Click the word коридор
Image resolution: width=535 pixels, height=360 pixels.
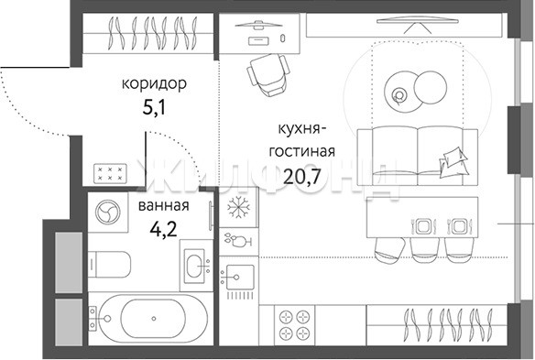154,84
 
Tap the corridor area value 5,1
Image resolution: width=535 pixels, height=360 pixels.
155,108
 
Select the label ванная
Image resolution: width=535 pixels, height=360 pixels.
163,206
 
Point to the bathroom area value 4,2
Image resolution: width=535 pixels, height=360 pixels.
163,230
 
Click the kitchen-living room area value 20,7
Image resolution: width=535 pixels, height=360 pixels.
302,177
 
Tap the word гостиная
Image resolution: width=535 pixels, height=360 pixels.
302,151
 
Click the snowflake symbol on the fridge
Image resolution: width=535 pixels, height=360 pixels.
238,207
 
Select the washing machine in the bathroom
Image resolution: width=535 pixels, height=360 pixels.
108,212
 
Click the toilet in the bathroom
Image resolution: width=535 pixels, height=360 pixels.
109,265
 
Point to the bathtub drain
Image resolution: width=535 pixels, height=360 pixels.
154,319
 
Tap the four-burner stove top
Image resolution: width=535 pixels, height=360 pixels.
294,324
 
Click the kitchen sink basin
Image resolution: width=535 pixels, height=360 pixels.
240,277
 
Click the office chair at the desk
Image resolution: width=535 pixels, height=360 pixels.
268,74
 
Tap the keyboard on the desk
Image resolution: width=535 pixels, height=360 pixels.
258,41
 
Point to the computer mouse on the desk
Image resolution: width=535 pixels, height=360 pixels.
282,38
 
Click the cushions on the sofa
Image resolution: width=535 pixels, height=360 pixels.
453,162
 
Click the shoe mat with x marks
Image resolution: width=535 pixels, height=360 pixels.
110,173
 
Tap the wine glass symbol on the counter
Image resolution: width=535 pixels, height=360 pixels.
238,240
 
